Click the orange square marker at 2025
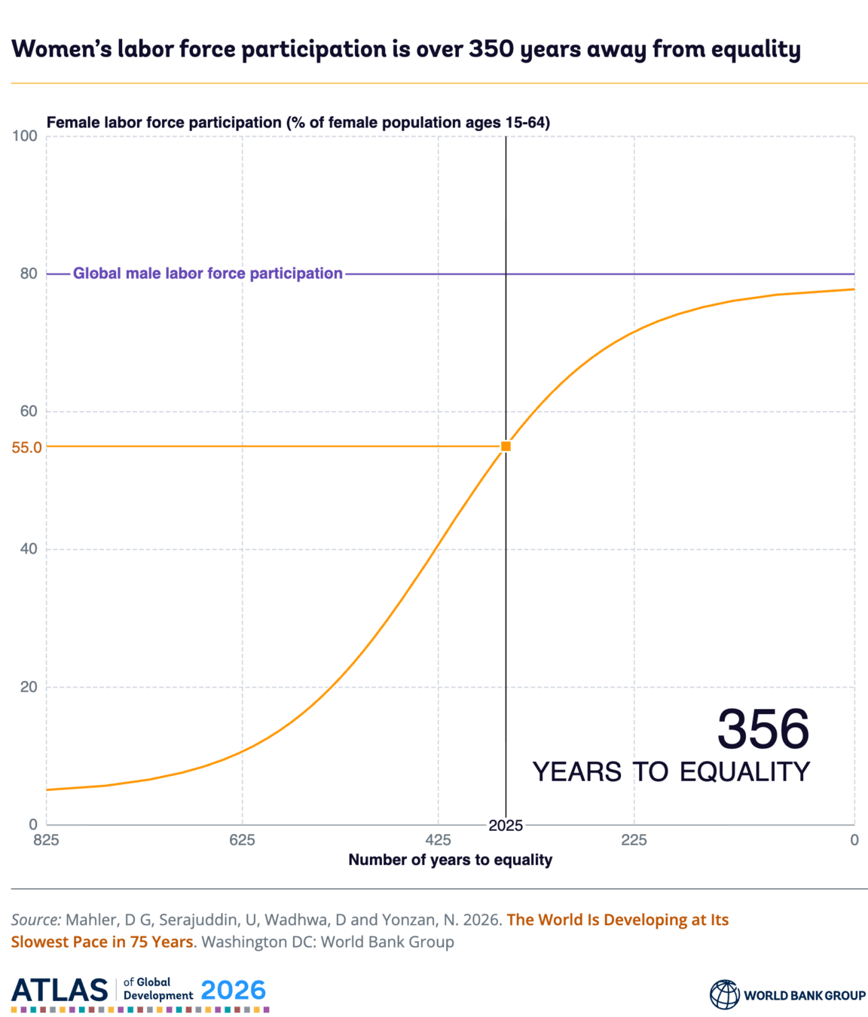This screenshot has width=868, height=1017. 506,446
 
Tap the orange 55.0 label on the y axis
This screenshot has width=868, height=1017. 26,447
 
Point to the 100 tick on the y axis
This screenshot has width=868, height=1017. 25,136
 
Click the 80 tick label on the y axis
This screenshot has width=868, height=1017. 29,273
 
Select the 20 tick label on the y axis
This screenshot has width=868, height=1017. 29,687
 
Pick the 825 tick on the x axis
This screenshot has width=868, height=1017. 46,840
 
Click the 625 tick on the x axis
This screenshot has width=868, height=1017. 242,840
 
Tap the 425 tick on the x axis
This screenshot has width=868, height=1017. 438,840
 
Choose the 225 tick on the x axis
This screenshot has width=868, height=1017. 634,840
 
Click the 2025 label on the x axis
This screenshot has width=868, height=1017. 506,825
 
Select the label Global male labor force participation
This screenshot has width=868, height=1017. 208,273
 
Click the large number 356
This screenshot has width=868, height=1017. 763,729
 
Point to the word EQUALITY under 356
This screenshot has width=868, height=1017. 744,771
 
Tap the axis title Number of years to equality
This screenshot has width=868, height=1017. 451,860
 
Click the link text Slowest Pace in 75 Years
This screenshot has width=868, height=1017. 102,942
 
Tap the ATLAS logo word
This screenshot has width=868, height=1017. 60,990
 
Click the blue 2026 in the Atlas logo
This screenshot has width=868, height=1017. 234,990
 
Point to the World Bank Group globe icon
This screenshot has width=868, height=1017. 724,995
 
